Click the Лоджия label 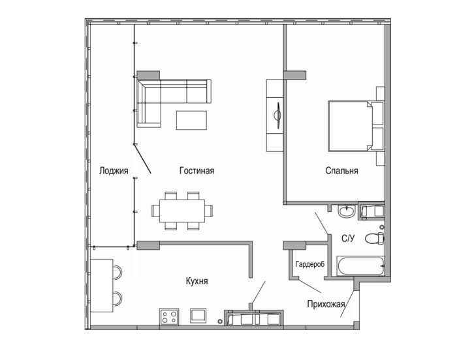point(114,171)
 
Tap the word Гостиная point(197,171)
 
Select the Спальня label point(341,171)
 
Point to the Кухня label point(197,281)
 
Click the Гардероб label point(310,264)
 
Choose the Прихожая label point(326,305)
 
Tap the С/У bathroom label point(348,239)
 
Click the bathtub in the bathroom point(360,265)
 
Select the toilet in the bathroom point(375,239)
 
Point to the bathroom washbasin point(347,211)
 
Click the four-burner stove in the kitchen point(169,316)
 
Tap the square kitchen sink point(198,316)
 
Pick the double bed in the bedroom point(351,126)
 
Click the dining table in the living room point(182,211)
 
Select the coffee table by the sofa point(191,120)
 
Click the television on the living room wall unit point(278,115)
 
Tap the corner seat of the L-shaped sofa point(149,91)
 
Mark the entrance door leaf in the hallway point(348,303)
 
